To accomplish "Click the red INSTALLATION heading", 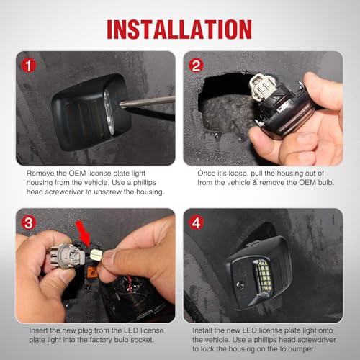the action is pyautogui.click(x=179, y=30).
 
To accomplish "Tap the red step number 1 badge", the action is pyautogui.click(x=29, y=66).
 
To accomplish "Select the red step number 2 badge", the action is pyautogui.click(x=196, y=66).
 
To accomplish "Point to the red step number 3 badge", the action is pyautogui.click(x=29, y=223).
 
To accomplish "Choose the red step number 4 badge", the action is pyautogui.click(x=196, y=223).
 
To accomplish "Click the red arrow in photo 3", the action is pyautogui.click(x=84, y=233).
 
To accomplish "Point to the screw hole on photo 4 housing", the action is pyautogui.click(x=240, y=285).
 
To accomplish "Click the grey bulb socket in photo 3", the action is pyautogui.click(x=67, y=256).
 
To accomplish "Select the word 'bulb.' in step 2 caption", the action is pyautogui.click(x=326, y=182).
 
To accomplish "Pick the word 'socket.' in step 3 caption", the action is pyautogui.click(x=142, y=340).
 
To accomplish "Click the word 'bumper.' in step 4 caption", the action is pyautogui.click(x=302, y=349).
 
